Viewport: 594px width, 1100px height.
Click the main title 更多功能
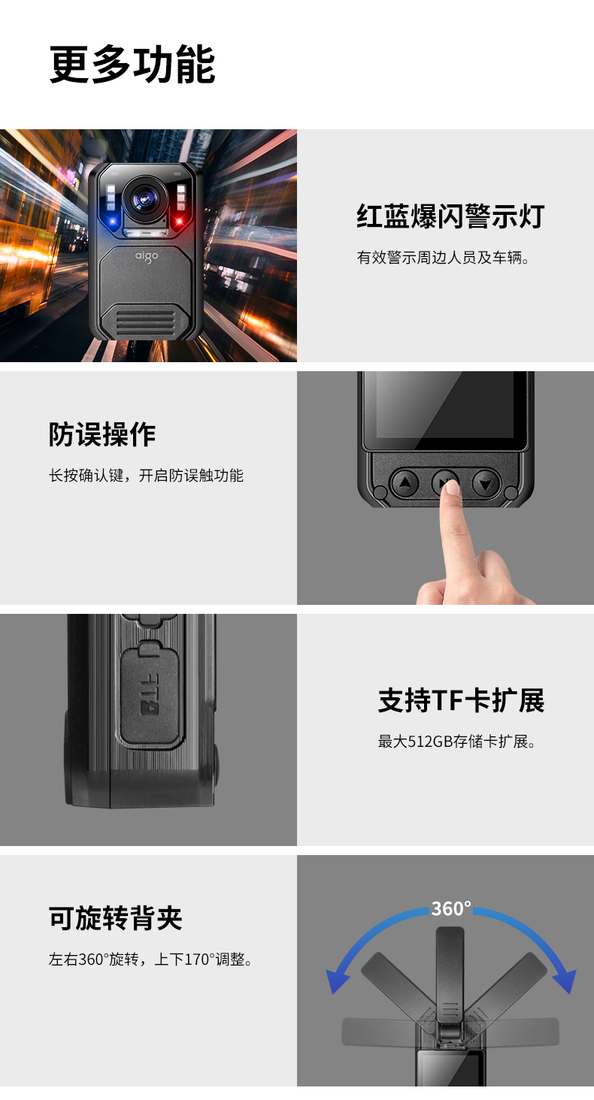(132, 65)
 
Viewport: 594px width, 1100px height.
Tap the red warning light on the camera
(179, 220)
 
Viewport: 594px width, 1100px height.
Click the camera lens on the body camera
(145, 198)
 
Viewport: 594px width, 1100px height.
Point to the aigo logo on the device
(147, 256)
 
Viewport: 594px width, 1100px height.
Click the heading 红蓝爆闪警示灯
(450, 216)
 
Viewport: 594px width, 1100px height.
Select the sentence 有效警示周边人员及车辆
(443, 257)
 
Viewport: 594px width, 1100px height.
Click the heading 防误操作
(102, 434)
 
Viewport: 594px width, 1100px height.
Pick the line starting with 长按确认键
(146, 476)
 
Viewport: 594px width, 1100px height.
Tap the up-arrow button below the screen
(405, 483)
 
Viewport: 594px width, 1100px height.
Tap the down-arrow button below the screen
(486, 484)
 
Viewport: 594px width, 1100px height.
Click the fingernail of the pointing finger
(452, 487)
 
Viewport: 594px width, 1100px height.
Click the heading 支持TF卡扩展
(462, 700)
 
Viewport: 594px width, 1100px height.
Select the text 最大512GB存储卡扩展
(456, 741)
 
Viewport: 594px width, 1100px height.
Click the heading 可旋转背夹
(116, 918)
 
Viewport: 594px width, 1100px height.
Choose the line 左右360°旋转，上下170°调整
(150, 959)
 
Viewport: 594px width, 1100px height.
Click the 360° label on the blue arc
(451, 908)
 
